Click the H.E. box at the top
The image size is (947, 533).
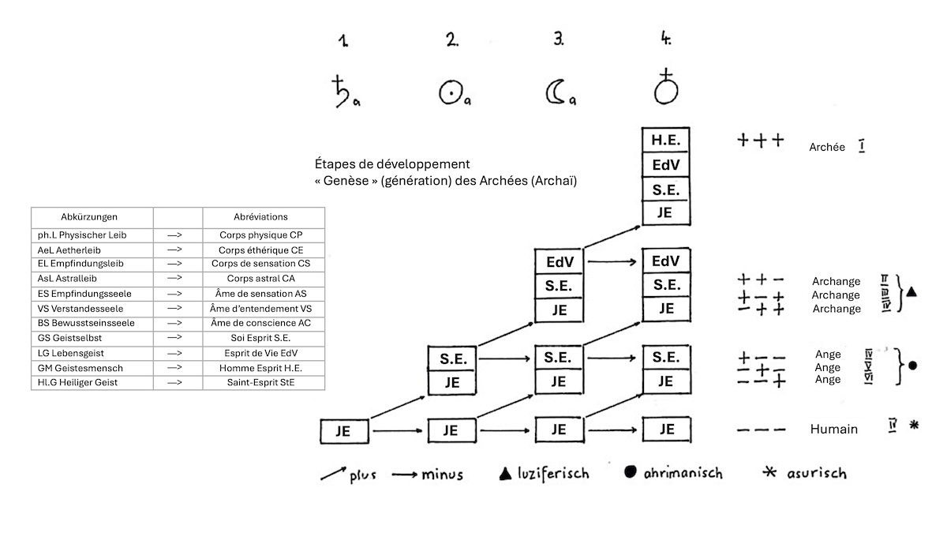[x=666, y=141]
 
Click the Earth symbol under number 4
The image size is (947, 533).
[x=666, y=87]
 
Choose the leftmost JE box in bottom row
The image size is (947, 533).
[x=343, y=431]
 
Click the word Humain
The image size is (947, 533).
[x=833, y=429]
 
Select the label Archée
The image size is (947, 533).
[x=826, y=147]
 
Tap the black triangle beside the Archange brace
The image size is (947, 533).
[x=911, y=292]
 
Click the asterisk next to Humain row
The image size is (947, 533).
[x=914, y=425]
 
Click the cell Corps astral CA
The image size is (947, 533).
[x=264, y=277]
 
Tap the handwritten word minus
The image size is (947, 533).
[x=441, y=475]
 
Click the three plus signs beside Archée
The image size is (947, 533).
[x=760, y=141]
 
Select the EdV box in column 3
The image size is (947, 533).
[x=558, y=261]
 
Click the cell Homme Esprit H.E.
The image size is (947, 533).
[x=264, y=368]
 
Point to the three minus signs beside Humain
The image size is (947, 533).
[x=761, y=430]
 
